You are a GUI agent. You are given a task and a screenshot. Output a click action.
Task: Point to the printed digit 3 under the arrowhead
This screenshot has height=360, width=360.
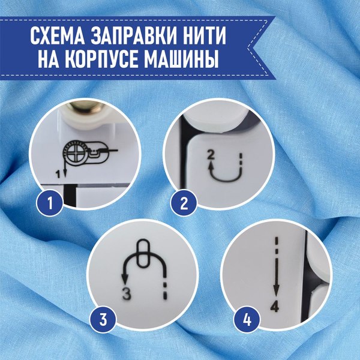click(x=126, y=294)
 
